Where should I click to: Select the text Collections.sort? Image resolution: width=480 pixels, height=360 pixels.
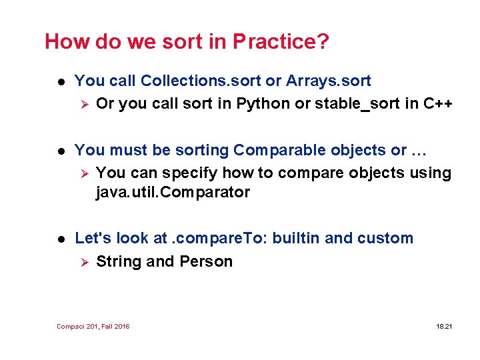(201, 81)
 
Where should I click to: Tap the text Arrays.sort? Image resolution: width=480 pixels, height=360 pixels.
(328, 81)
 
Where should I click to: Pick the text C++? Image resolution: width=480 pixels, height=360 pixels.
(437, 104)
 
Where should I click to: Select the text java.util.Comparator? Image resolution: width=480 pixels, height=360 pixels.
(173, 193)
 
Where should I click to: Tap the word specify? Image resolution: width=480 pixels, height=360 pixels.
(188, 173)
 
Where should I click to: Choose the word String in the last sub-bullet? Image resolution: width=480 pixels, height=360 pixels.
(119, 261)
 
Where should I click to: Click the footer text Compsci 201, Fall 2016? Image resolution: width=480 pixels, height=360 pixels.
(93, 326)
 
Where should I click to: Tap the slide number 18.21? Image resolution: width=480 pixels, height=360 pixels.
(444, 326)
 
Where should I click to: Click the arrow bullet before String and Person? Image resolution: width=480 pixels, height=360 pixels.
(83, 261)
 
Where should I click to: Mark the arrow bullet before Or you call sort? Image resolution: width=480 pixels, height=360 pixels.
(83, 104)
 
